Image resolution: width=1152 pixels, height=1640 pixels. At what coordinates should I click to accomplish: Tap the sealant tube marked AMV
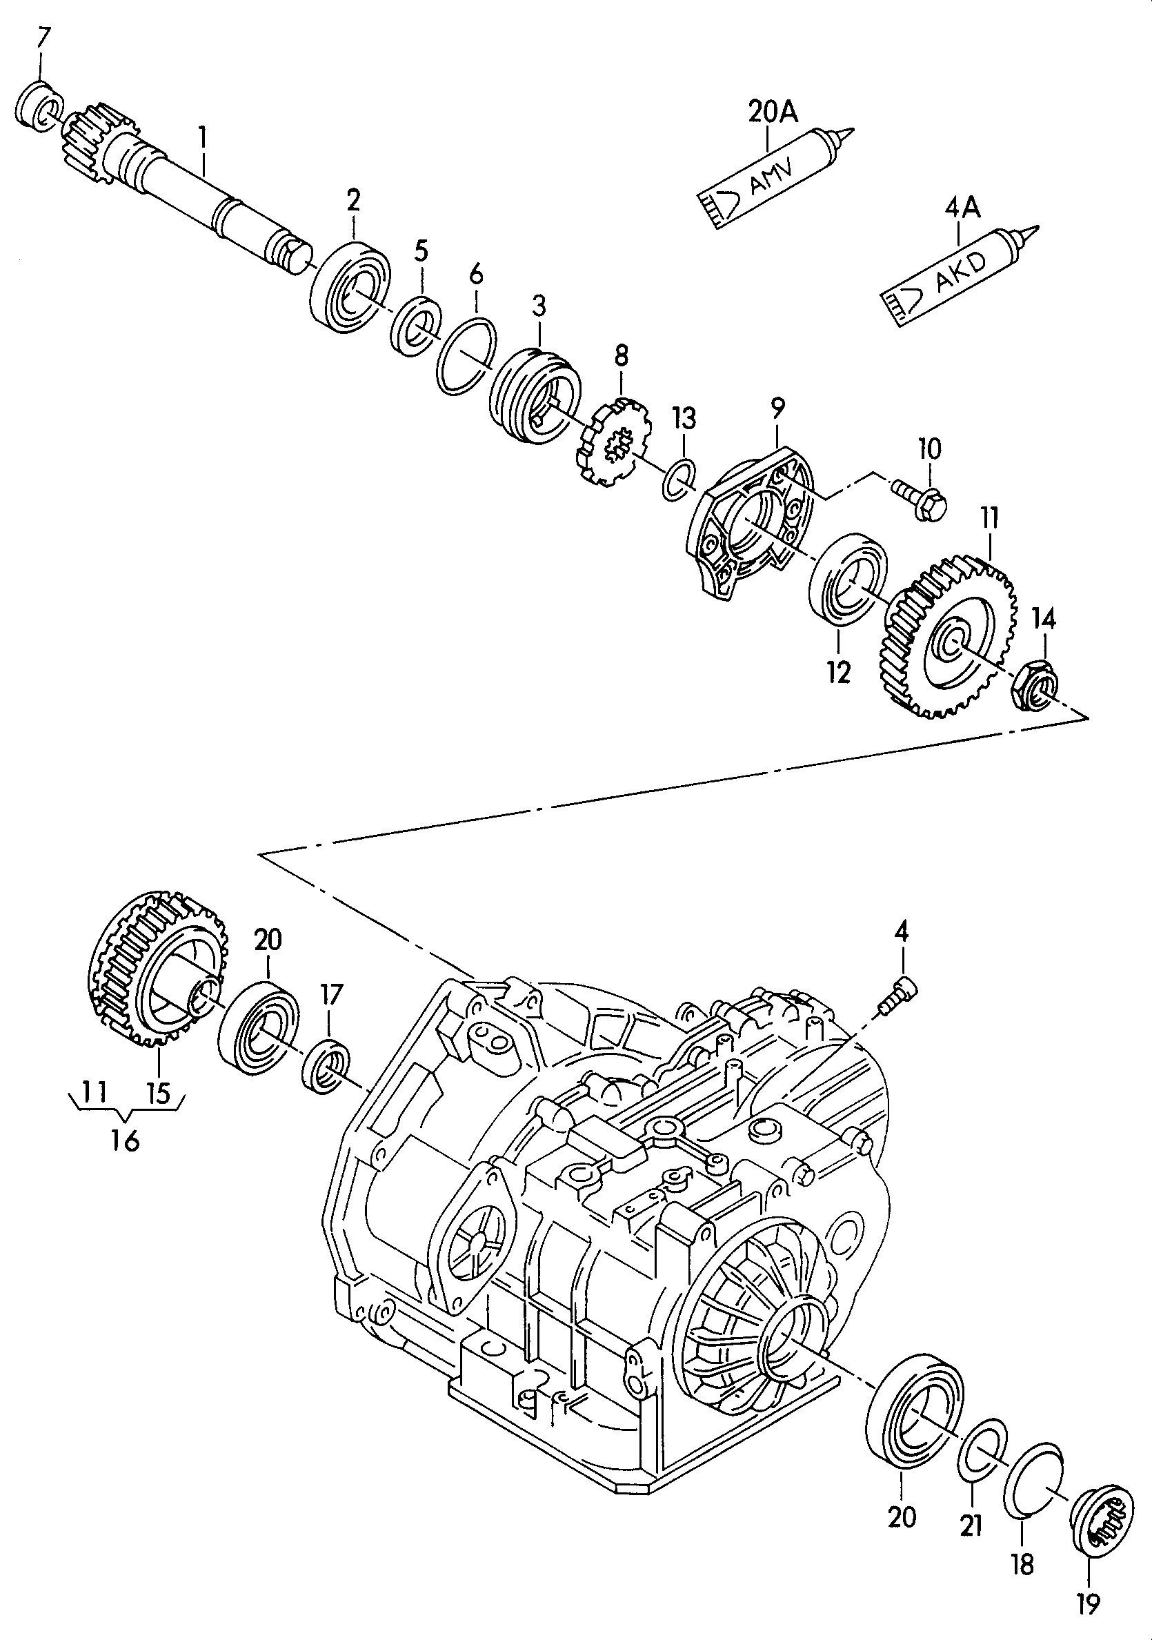[x=775, y=177]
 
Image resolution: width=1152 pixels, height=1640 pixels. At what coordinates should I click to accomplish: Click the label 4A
[x=963, y=208]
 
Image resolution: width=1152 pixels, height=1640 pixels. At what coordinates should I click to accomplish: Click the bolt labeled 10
[x=919, y=499]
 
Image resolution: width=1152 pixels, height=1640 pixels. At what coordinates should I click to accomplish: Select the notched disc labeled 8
[x=613, y=442]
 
